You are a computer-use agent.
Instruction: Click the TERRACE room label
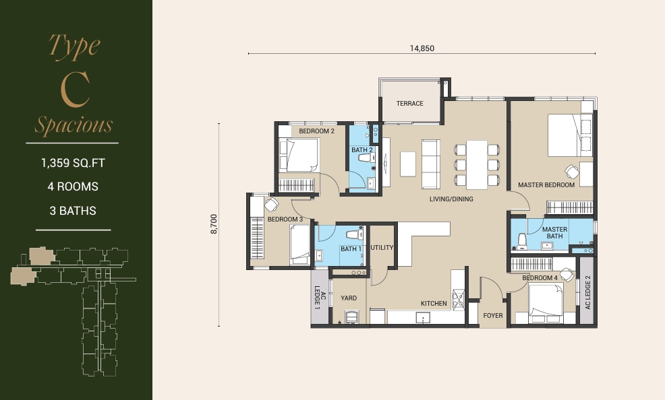(x=409, y=103)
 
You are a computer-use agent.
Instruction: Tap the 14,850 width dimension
(x=422, y=48)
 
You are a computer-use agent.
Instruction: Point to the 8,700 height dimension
(x=214, y=224)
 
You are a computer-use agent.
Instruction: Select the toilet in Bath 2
(x=365, y=158)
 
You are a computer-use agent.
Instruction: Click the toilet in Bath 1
(x=353, y=234)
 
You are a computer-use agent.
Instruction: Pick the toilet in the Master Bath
(x=522, y=240)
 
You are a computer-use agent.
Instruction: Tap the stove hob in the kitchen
(x=458, y=299)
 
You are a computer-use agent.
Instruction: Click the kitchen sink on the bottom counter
(x=423, y=317)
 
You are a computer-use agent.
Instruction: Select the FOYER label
(x=493, y=316)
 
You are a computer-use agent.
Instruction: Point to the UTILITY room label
(x=382, y=248)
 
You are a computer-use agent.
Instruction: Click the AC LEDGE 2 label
(x=588, y=292)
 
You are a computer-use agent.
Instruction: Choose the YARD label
(x=349, y=298)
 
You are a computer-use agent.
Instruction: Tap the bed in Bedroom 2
(x=299, y=155)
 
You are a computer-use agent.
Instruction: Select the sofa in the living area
(x=430, y=164)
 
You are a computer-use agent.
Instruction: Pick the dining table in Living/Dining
(x=477, y=165)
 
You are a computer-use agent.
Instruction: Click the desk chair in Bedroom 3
(x=271, y=205)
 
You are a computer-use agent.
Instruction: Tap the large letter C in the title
(x=75, y=90)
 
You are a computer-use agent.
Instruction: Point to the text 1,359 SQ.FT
(x=73, y=163)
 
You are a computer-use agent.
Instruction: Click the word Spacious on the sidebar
(x=74, y=125)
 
